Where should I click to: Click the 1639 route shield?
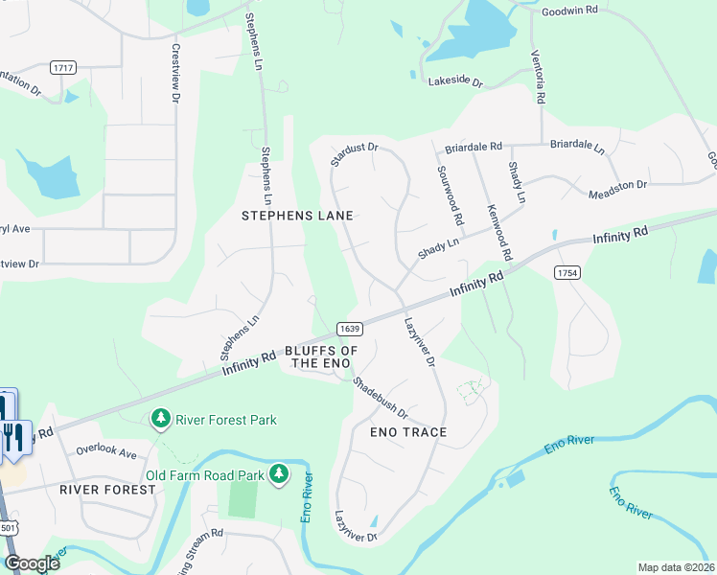tap(350, 329)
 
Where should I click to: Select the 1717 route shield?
tap(63, 68)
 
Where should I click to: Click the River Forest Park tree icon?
tap(160, 419)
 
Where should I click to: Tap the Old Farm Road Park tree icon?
tap(279, 473)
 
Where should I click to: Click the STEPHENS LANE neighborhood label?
tap(296, 216)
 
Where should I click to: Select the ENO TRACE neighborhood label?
tap(408, 432)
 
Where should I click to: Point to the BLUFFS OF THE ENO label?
tap(321, 357)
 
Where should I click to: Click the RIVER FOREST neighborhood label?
tap(107, 489)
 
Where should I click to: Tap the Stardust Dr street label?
tap(355, 154)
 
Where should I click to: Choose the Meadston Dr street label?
tap(617, 185)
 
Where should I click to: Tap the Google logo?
tap(32, 563)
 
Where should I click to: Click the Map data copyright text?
tap(676, 567)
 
